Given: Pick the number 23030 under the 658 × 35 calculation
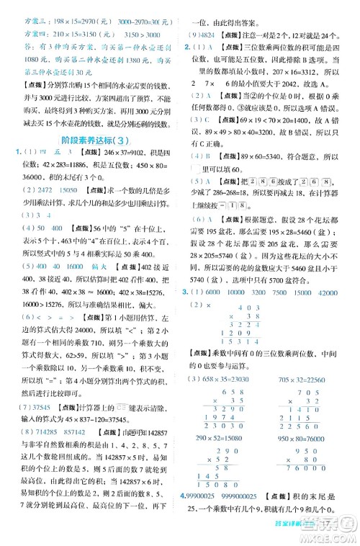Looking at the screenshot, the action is click(x=220, y=426).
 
